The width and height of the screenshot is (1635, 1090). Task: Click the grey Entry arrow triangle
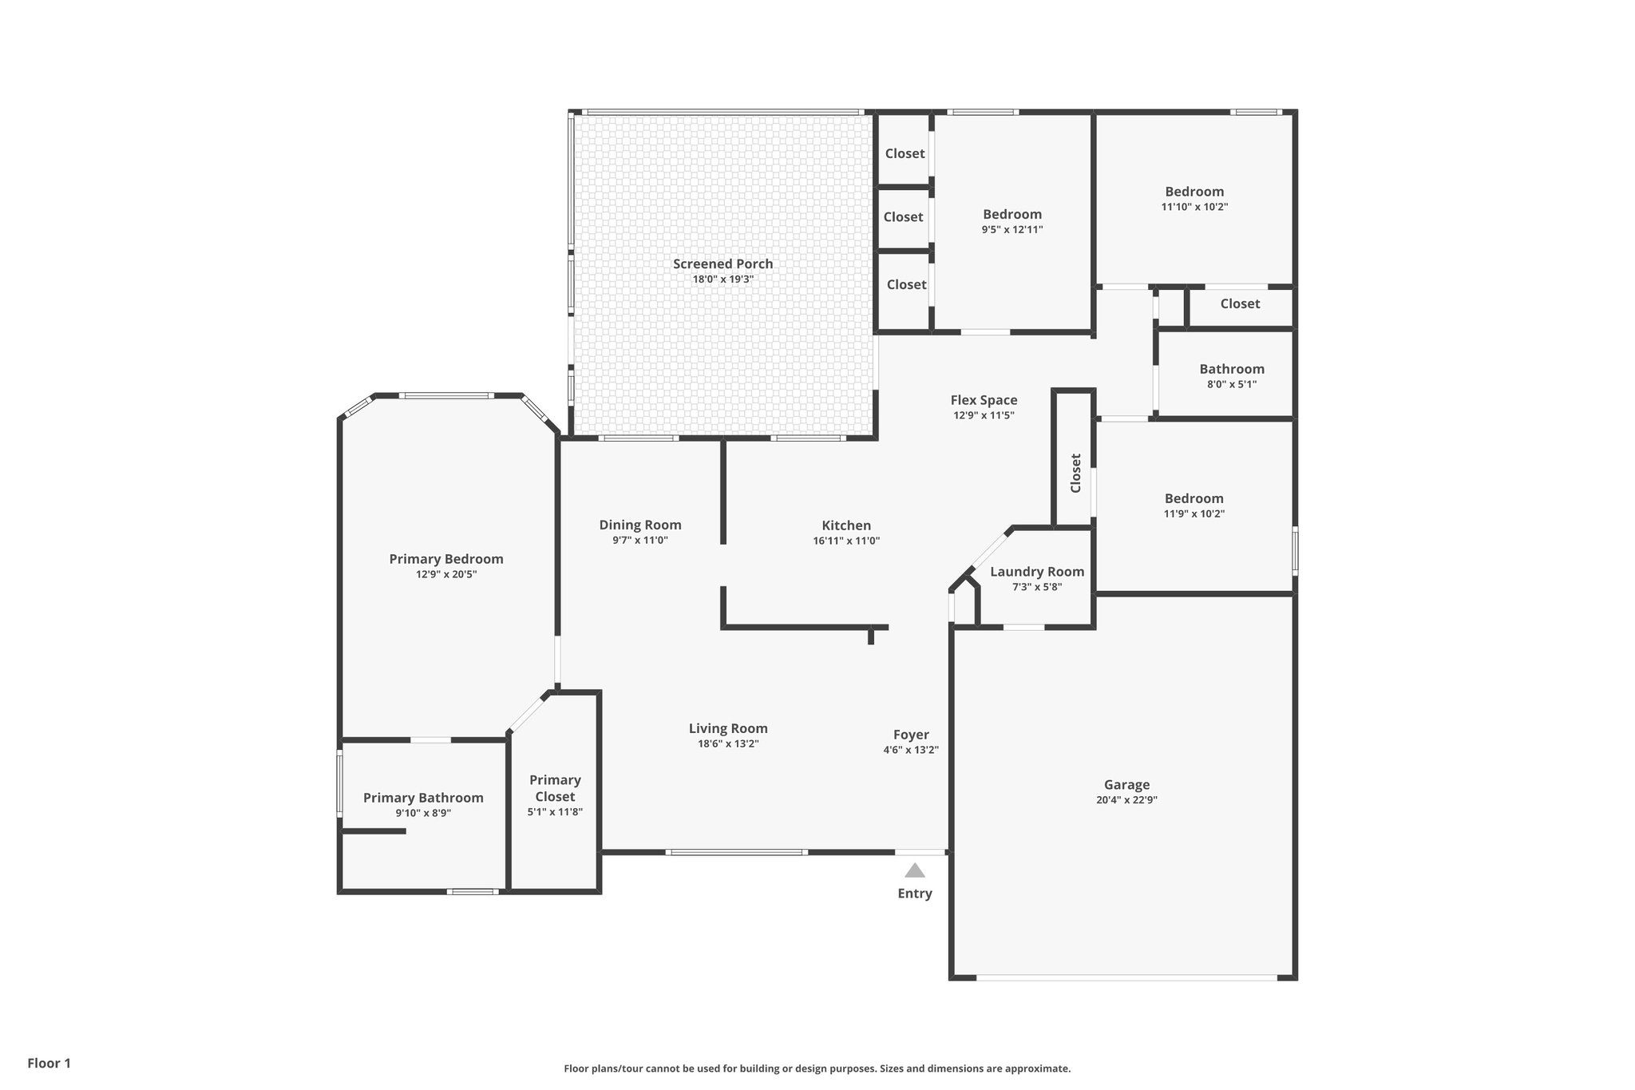pyautogui.click(x=915, y=870)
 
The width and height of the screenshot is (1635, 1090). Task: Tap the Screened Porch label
pyautogui.click(x=722, y=264)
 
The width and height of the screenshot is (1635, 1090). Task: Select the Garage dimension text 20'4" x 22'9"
pyautogui.click(x=1126, y=800)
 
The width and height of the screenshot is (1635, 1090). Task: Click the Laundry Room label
pyautogui.click(x=1037, y=572)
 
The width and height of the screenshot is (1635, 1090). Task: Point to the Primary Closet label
pyautogui.click(x=555, y=788)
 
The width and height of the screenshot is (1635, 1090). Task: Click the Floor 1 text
pyautogui.click(x=49, y=1063)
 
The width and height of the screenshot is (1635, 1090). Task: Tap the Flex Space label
pyautogui.click(x=984, y=400)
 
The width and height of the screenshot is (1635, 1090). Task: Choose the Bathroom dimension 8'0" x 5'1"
pyautogui.click(x=1232, y=384)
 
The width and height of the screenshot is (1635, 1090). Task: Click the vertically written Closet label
pyautogui.click(x=1075, y=474)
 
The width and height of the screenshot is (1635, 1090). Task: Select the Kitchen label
pyautogui.click(x=846, y=525)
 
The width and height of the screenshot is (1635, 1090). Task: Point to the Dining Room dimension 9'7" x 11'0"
pyautogui.click(x=640, y=541)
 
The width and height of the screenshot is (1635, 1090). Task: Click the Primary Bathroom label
pyautogui.click(x=423, y=798)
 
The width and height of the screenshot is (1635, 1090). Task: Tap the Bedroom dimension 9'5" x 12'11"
pyautogui.click(x=1012, y=230)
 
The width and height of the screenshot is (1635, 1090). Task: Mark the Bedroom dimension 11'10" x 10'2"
pyautogui.click(x=1194, y=207)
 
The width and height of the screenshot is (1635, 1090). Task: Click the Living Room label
pyautogui.click(x=728, y=728)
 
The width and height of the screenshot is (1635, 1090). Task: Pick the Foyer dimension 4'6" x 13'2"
pyautogui.click(x=911, y=751)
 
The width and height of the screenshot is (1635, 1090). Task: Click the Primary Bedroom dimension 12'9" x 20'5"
pyautogui.click(x=446, y=574)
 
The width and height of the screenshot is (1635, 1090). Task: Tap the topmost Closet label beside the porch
pyautogui.click(x=905, y=153)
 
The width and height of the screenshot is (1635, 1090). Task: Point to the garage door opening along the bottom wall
pyautogui.click(x=1126, y=977)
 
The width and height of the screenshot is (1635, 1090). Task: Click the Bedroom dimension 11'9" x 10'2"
pyautogui.click(x=1194, y=514)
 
